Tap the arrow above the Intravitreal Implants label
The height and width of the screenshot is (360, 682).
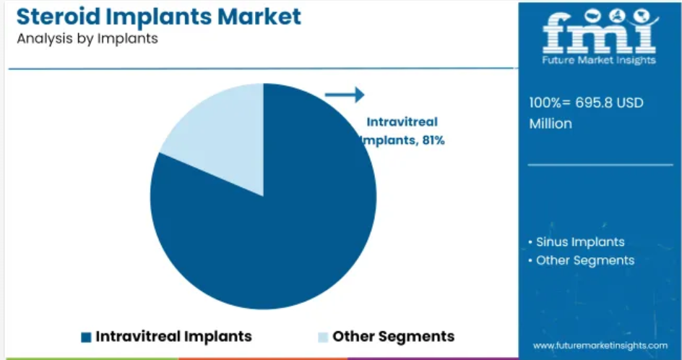coord(345,95)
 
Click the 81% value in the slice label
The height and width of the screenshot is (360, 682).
coord(433,141)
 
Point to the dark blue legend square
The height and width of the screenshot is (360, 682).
coord(86,338)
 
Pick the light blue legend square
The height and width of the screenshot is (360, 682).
coord(323,338)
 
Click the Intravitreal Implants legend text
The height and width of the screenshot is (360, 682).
coord(173,336)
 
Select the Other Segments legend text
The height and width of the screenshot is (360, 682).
coord(394,336)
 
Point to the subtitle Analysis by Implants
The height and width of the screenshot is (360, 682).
coord(87,39)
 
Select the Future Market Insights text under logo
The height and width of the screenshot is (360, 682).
coord(599,60)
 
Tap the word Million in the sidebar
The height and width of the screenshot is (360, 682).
coord(551,124)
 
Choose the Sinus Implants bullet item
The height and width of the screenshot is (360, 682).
coord(577,241)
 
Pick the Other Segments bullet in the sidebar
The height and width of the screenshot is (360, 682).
coord(581,260)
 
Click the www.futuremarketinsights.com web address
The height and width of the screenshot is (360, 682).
coord(600,346)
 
